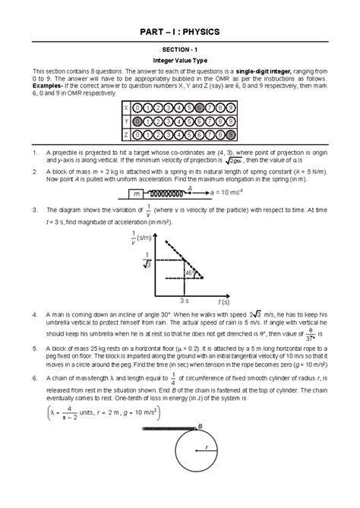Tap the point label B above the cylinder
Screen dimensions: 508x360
click(200, 426)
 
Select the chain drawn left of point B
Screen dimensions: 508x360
click(168, 431)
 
